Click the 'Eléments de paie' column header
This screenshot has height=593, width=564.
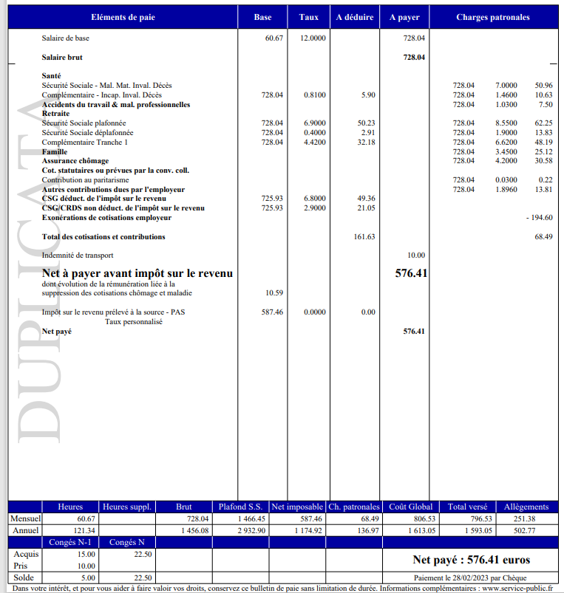pyautogui.click(x=123, y=17)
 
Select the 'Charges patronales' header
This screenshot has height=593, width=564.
pyautogui.click(x=493, y=17)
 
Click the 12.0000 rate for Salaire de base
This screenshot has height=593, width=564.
pyautogui.click(x=313, y=38)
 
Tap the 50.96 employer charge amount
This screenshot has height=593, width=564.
pyautogui.click(x=543, y=86)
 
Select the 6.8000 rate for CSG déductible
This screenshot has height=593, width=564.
pyautogui.click(x=314, y=199)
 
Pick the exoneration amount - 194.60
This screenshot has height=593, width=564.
pyautogui.click(x=539, y=218)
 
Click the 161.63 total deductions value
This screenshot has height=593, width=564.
pyautogui.click(x=362, y=237)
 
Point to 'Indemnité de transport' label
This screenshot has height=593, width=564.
pyautogui.click(x=78, y=256)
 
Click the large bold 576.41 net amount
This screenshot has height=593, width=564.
pyautogui.click(x=412, y=273)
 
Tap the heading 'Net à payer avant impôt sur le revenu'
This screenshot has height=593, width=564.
pyautogui.click(x=137, y=274)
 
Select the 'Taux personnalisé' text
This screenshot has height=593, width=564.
pyautogui.click(x=135, y=322)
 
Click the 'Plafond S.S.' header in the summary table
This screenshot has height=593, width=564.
pyautogui.click(x=240, y=507)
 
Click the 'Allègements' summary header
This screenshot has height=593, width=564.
pyautogui.click(x=526, y=507)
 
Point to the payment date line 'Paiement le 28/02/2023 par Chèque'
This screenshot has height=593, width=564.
pyautogui.click(x=471, y=577)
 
